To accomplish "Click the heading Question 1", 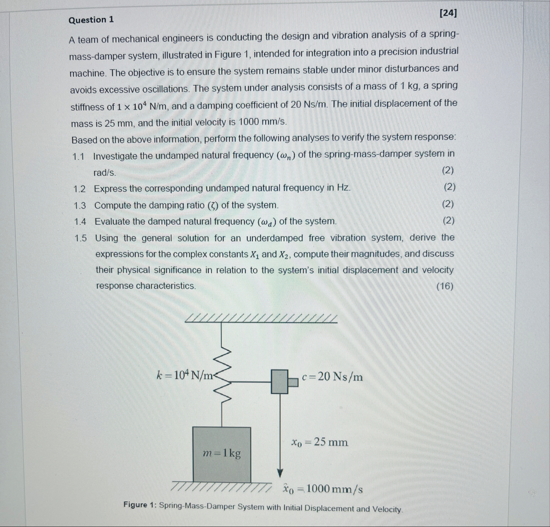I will (91, 20).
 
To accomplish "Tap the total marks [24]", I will (448, 13).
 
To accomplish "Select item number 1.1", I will (79, 156).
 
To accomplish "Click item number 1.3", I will (80, 206).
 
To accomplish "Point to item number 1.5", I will (81, 238).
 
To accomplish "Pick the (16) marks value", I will (445, 286).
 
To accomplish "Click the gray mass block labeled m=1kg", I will (222, 454).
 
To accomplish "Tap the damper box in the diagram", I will (280, 381).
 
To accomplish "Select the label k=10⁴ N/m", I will (185, 375).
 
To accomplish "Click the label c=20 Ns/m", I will (332, 377).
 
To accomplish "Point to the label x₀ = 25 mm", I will (320, 442).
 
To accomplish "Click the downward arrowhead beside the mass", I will (280, 473).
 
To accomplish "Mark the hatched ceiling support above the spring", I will (261, 319).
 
